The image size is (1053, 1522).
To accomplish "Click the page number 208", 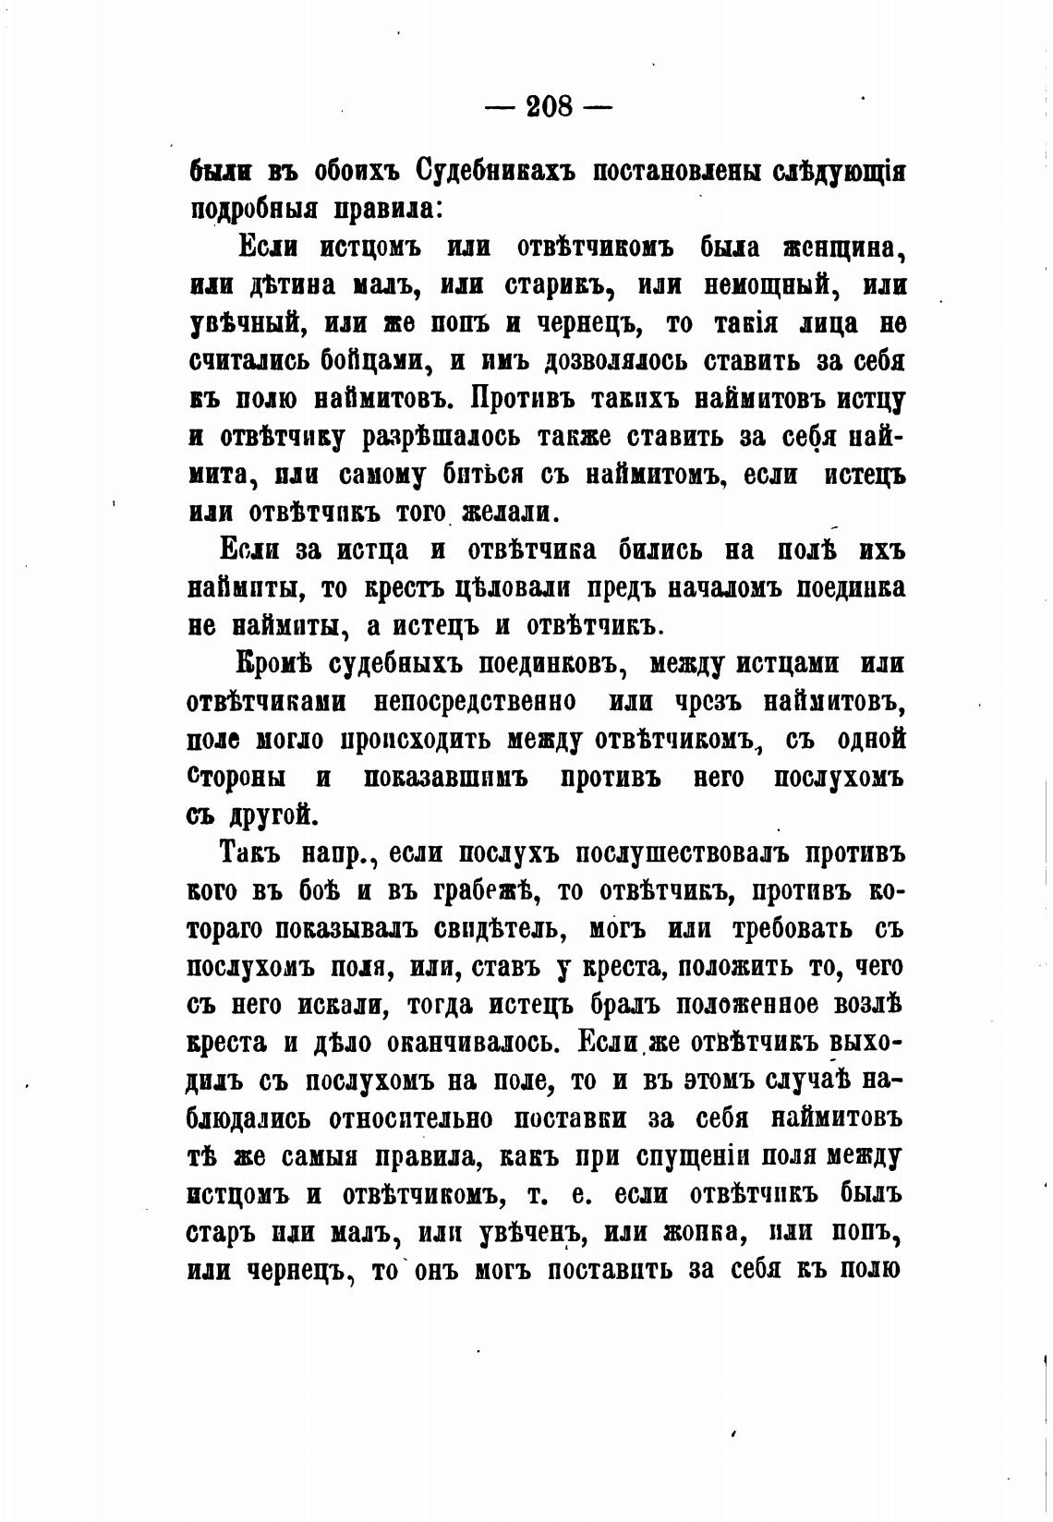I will point(550,107).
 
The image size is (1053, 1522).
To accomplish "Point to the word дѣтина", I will point(300,286).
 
